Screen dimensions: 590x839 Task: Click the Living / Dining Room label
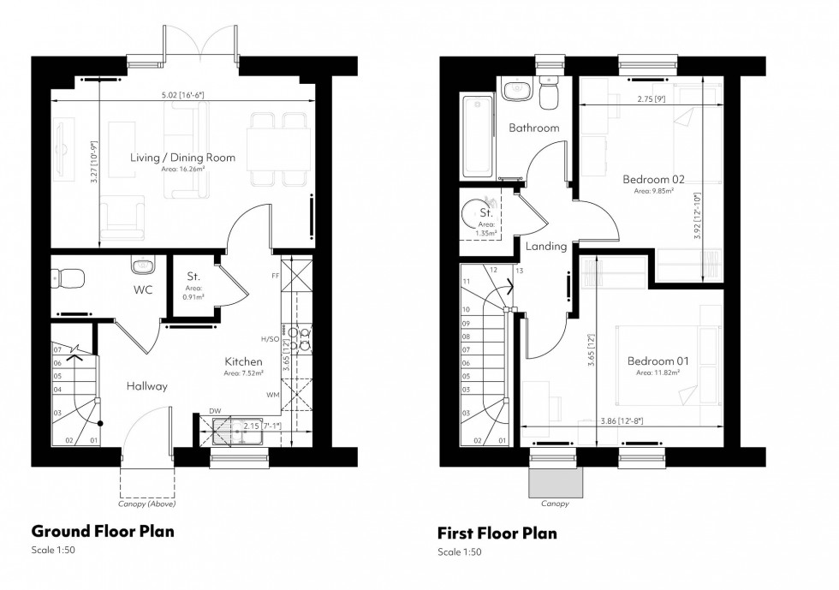(x=182, y=158)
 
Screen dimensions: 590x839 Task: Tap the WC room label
(x=142, y=289)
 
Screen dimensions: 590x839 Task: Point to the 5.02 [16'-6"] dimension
(x=182, y=94)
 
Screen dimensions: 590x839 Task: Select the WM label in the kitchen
(x=272, y=395)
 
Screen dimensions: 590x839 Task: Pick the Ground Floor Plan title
(x=103, y=531)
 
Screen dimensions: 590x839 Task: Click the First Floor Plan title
(x=497, y=533)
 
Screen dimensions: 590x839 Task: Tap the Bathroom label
(x=533, y=128)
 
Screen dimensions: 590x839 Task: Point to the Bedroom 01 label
(x=658, y=361)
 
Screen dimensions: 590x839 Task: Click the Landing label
(x=546, y=247)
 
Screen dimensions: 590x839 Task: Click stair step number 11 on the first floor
(x=467, y=281)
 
